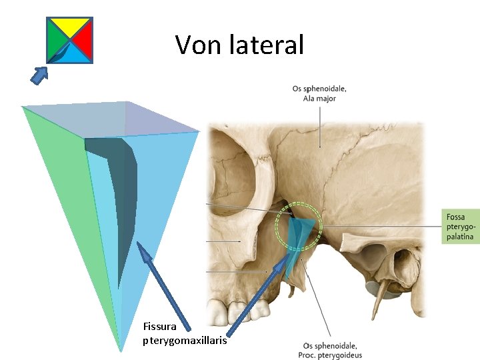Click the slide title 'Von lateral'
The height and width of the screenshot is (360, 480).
[239, 45]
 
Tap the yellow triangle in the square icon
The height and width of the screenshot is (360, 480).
[69, 25]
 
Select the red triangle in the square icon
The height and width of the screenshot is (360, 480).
[83, 40]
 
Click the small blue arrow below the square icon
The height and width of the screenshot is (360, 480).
[41, 75]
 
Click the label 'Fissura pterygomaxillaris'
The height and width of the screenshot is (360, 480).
[185, 333]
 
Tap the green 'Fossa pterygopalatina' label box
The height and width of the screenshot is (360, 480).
[461, 226]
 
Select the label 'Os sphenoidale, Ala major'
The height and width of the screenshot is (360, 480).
[319, 93]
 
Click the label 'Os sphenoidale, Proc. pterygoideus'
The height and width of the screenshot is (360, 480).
[329, 350]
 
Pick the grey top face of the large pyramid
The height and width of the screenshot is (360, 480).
[113, 120]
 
